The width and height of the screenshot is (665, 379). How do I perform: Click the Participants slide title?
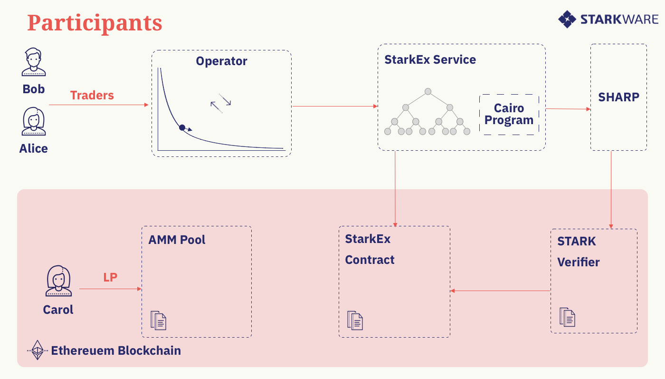pyautogui.click(x=95, y=23)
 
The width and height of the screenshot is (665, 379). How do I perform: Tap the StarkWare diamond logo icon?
pyautogui.click(x=567, y=19)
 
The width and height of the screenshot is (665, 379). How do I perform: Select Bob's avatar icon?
pyautogui.click(x=34, y=62)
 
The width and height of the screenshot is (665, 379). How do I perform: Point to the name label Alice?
pyautogui.click(x=34, y=148)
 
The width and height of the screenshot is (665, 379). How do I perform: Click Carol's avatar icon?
pyautogui.click(x=58, y=281)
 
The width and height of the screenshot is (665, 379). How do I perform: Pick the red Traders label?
pyautogui.click(x=92, y=96)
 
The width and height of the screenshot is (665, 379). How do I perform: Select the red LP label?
pyautogui.click(x=110, y=277)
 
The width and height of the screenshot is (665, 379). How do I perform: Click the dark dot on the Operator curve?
pyautogui.click(x=182, y=127)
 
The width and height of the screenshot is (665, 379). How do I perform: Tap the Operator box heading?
pyautogui.click(x=221, y=61)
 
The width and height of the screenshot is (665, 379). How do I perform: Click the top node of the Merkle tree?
pyautogui.click(x=428, y=91)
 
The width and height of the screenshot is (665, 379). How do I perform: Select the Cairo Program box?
pyautogui.click(x=509, y=115)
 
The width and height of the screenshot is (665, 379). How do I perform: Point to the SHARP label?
pyautogui.click(x=618, y=97)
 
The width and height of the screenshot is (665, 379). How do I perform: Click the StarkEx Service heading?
pyautogui.click(x=430, y=59)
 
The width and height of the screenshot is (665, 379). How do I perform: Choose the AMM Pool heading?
pyautogui.click(x=177, y=240)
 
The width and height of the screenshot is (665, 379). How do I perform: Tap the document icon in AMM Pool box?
pyautogui.click(x=158, y=321)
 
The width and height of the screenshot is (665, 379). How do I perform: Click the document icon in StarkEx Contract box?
pyautogui.click(x=355, y=321)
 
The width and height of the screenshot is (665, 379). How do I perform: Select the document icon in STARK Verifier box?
pyautogui.click(x=567, y=317)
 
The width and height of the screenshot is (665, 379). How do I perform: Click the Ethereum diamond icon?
pyautogui.click(x=38, y=350)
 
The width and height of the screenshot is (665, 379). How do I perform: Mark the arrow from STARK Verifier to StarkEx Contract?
pyautogui.click(x=500, y=291)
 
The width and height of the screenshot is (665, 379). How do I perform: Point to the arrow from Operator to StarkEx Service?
pyautogui.click(x=334, y=106)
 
